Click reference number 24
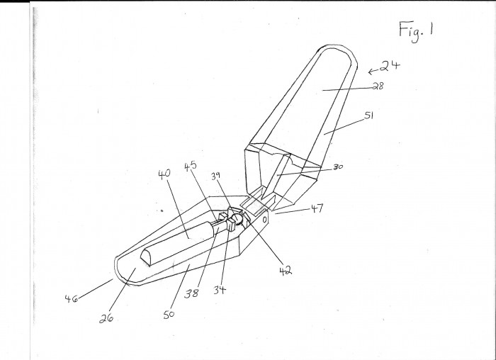click(x=390, y=66)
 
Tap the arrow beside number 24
click(x=373, y=71)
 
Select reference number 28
click(x=378, y=86)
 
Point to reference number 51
click(x=369, y=115)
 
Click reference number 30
click(x=338, y=167)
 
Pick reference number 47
click(x=317, y=208)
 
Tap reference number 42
click(x=286, y=270)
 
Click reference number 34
click(x=220, y=289)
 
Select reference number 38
click(x=192, y=293)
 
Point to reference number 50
click(x=169, y=315)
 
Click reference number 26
click(x=106, y=318)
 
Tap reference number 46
click(x=71, y=298)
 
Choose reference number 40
click(x=164, y=174)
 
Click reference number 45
click(x=191, y=167)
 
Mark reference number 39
click(x=215, y=176)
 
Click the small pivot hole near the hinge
click(x=265, y=219)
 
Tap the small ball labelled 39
click(x=237, y=218)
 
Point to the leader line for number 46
click(x=96, y=288)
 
